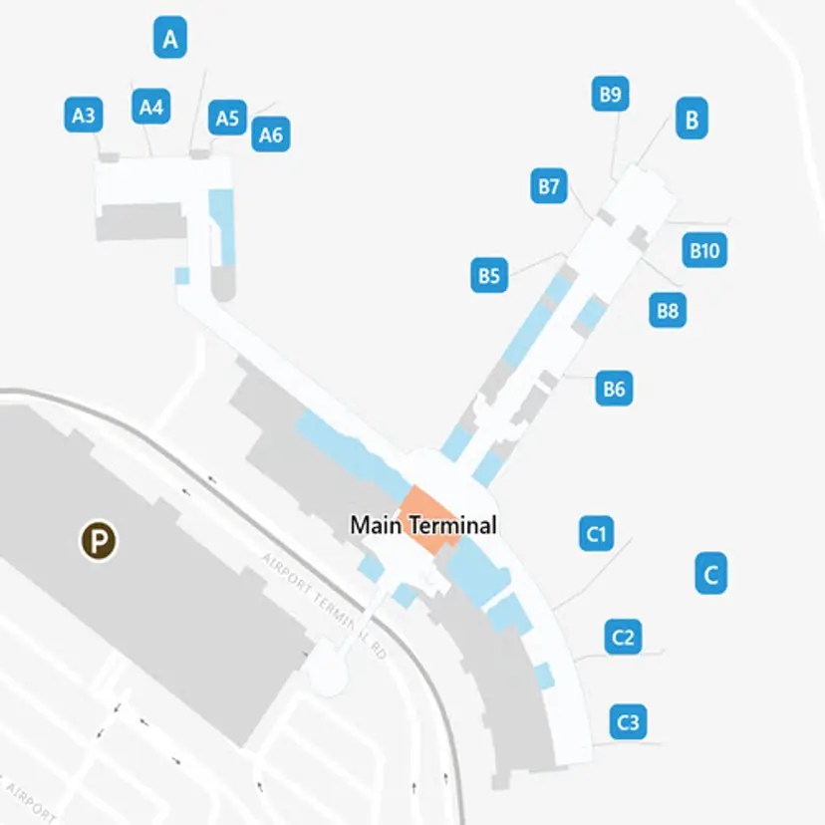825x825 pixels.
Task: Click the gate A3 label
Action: tap(84, 116)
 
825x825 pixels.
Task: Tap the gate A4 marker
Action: tap(150, 107)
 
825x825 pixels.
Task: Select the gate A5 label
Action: tap(227, 119)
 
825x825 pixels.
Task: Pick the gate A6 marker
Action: tap(270, 134)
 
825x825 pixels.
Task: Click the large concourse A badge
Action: tap(170, 40)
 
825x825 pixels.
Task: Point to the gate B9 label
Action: tap(610, 95)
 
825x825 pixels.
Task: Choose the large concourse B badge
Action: tap(690, 121)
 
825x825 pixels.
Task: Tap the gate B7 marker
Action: tap(548, 186)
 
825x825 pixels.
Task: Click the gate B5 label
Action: tap(488, 274)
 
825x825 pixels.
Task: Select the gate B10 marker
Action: tap(704, 250)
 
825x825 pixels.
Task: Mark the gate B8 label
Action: tap(667, 310)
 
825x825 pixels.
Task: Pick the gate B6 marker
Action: tap(614, 388)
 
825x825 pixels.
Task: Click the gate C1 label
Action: tap(596, 534)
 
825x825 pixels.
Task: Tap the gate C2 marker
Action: tap(624, 636)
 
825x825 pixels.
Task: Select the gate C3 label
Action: tap(628, 720)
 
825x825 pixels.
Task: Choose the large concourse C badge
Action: tap(710, 574)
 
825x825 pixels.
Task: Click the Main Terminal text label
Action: tap(422, 525)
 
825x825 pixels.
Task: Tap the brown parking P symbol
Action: tap(99, 542)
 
